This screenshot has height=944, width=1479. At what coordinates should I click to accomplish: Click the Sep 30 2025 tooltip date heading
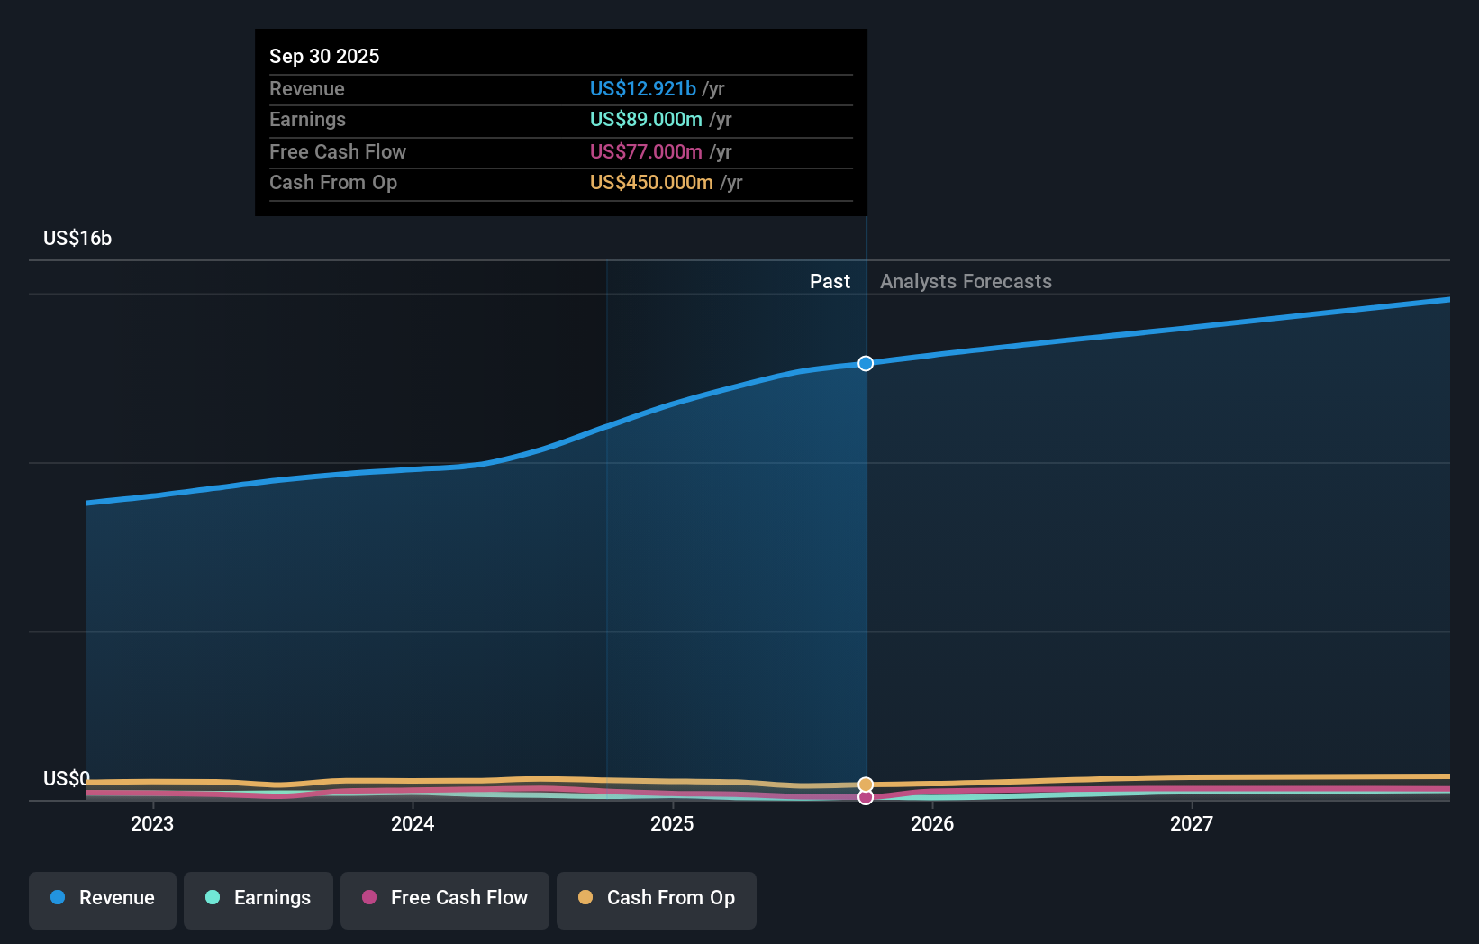324,56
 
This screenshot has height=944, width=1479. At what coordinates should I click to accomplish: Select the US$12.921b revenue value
642,88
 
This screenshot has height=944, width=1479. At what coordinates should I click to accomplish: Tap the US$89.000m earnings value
646,120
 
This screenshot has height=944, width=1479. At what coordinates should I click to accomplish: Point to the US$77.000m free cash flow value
646,151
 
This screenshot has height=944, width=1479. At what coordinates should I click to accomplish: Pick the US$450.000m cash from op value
651,183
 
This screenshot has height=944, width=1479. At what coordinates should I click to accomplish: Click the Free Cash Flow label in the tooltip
338,151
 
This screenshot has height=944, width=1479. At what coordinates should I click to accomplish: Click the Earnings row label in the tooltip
307,120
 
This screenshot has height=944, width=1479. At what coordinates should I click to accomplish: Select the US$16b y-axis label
77,238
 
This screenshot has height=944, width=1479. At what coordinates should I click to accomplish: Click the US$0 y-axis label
67,778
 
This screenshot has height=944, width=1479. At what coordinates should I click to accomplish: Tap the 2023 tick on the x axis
152,823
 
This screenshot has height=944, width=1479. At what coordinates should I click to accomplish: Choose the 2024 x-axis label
413,823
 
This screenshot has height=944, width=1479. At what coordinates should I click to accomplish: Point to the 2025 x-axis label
672,823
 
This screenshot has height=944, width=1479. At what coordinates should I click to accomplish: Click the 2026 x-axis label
932,823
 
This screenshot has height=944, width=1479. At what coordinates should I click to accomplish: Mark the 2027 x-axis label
1192,823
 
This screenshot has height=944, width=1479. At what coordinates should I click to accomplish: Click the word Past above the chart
830,281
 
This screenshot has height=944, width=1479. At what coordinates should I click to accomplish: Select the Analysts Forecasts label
966,281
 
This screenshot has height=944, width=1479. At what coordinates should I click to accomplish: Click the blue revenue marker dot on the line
866,364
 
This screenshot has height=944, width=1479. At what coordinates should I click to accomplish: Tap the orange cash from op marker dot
866,785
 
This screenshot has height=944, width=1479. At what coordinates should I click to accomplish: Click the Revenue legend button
103,898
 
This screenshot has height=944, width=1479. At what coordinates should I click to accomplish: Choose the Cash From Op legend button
657,898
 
